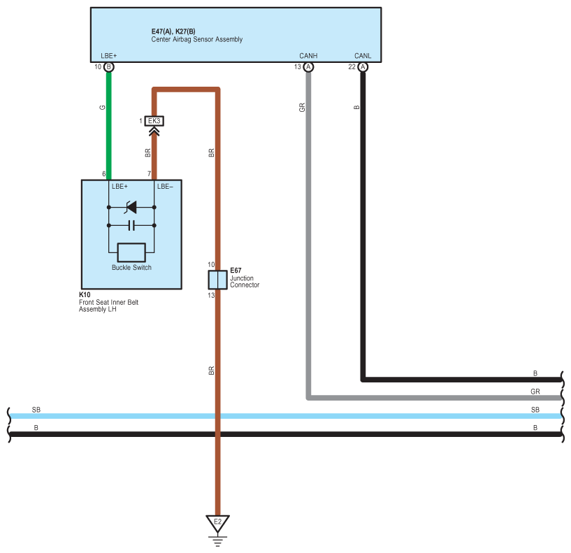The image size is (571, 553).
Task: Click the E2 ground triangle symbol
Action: (x=217, y=523)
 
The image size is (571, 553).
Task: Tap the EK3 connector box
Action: (x=154, y=121)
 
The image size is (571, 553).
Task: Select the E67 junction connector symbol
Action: (x=218, y=280)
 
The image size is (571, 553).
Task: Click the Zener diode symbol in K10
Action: (x=131, y=207)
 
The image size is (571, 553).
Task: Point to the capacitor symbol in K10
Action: (x=131, y=226)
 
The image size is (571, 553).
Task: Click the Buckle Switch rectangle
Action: (x=131, y=252)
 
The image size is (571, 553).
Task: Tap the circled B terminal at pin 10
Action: (x=108, y=67)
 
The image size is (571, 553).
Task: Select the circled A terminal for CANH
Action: (x=308, y=67)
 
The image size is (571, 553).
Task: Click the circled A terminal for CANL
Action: (x=363, y=67)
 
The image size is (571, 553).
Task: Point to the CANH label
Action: (x=308, y=56)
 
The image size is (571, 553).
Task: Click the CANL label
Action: (x=363, y=56)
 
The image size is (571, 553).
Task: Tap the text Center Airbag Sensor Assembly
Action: (x=197, y=39)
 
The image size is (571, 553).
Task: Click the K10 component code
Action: (x=85, y=295)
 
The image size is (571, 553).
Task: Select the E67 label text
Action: (x=236, y=271)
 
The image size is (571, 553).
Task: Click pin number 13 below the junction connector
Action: (x=211, y=296)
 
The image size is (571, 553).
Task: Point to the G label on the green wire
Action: (x=102, y=108)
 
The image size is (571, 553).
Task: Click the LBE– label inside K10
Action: (x=165, y=187)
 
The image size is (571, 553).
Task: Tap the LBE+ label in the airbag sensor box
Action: (x=109, y=56)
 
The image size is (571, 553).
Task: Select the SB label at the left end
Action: (x=36, y=410)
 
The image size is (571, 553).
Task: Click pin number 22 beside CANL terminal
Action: (x=352, y=66)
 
